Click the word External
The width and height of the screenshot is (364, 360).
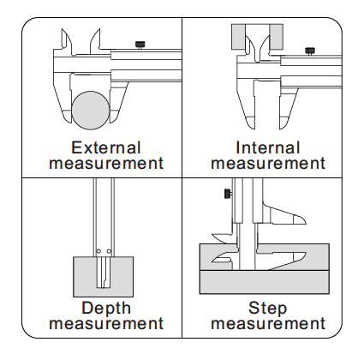point(106,147)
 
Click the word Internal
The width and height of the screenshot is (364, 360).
point(267,147)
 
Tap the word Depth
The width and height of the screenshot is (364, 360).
point(106,309)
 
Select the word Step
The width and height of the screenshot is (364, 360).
point(267,309)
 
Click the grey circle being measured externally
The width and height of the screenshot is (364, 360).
point(91,111)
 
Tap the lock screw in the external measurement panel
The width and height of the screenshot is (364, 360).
point(140,45)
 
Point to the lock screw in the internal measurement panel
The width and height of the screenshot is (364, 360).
point(310,51)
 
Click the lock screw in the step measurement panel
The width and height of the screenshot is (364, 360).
point(228,194)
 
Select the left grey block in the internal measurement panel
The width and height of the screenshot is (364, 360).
point(238,37)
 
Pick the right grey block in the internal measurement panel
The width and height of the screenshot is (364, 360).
point(276,37)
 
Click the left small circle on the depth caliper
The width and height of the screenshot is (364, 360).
point(98,251)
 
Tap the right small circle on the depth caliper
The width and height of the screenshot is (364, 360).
point(109,251)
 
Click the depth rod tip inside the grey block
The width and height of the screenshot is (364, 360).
point(104,286)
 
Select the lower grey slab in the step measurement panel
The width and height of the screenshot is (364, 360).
point(265,282)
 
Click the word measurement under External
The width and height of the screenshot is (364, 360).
point(106,164)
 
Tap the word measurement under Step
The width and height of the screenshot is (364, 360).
point(268,324)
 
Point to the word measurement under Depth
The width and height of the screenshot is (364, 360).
point(106,324)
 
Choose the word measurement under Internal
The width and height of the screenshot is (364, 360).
point(268,164)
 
